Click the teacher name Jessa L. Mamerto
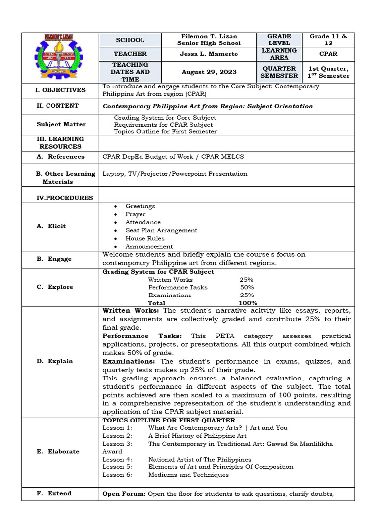(208, 54)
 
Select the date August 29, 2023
(208, 72)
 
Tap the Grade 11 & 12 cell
(329, 40)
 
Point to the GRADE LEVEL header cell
(279, 40)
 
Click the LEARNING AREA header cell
(279, 54)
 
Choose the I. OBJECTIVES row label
(60, 90)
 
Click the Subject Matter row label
(60, 124)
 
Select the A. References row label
(61, 157)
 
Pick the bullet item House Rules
(145, 238)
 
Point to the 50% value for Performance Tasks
(247, 287)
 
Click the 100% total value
(248, 303)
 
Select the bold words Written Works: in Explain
(131, 311)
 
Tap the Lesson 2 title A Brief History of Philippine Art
(197, 436)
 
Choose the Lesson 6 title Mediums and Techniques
(189, 475)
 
